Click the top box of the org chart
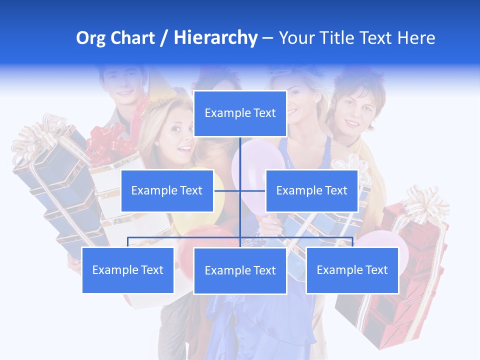(x=240, y=113)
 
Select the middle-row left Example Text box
(x=167, y=190)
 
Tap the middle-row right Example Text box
(x=311, y=190)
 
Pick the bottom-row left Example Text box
(x=128, y=270)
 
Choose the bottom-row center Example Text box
(x=240, y=270)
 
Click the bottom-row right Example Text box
(x=352, y=270)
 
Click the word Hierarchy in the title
(x=215, y=38)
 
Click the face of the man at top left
(x=123, y=87)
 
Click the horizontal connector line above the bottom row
(x=185, y=237)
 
